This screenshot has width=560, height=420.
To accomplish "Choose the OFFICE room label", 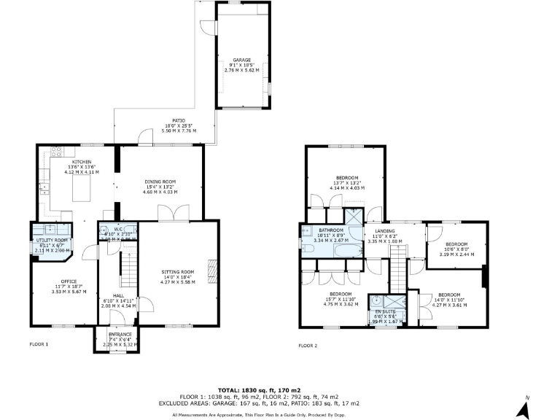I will [69, 281].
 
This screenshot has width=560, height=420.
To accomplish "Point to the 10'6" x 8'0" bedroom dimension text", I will [456, 249].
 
